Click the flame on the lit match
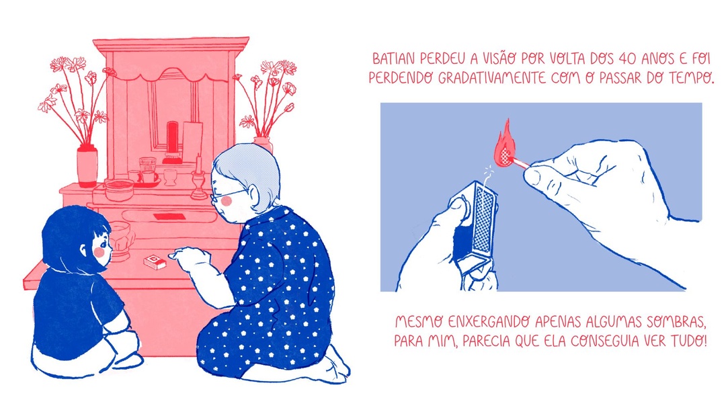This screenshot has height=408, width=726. coord(505,146)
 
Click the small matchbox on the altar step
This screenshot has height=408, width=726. coord(155,261)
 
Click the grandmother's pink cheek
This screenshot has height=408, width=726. coord(227,201)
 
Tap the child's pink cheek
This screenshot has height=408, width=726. coord(99,252)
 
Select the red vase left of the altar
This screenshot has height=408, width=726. coord(87,166)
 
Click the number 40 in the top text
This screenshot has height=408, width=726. coord(627,59)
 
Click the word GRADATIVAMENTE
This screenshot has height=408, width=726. coord(491,77)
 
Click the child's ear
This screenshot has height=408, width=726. coord(84,251)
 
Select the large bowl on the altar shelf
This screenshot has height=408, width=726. coord(119,190)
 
